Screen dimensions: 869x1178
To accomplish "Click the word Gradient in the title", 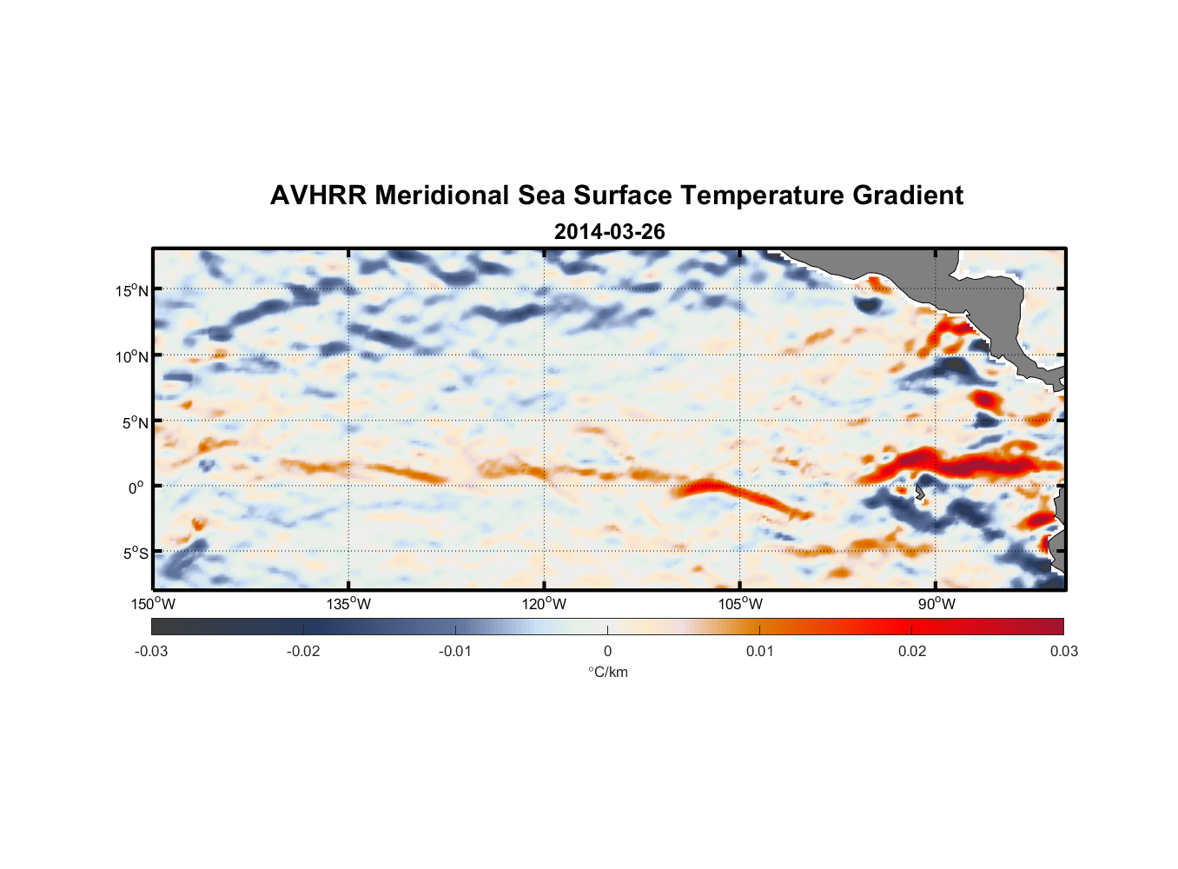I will (908, 196).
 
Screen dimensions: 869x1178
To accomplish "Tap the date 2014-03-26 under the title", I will (609, 232).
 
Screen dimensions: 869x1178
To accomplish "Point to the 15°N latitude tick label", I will (132, 290).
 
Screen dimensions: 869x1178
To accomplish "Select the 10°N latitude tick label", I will (132, 356).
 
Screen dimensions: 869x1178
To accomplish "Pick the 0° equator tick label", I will (136, 488).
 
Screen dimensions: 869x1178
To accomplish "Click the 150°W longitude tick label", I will (154, 604).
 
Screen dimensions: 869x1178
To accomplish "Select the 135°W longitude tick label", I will (349, 604).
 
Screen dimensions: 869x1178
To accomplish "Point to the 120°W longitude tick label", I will (545, 604).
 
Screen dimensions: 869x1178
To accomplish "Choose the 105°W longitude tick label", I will (740, 604).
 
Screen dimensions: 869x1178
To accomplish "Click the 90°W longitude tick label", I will (936, 604).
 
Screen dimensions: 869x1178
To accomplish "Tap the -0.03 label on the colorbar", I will (151, 651).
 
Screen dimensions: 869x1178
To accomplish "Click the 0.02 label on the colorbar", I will (912, 651).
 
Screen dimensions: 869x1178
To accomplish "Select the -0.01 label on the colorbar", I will (455, 651).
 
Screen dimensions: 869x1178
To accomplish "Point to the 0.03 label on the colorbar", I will (1063, 651).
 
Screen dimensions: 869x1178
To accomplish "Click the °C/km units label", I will (608, 672).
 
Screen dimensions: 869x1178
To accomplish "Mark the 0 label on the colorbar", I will (607, 651).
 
